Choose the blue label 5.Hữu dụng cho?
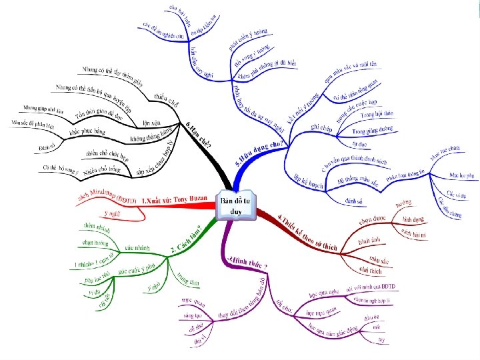[259, 153]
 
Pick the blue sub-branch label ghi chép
[303, 128]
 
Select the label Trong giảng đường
[373, 129]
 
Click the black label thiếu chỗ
[165, 99]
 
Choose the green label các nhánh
[135, 248]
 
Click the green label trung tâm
[188, 279]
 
